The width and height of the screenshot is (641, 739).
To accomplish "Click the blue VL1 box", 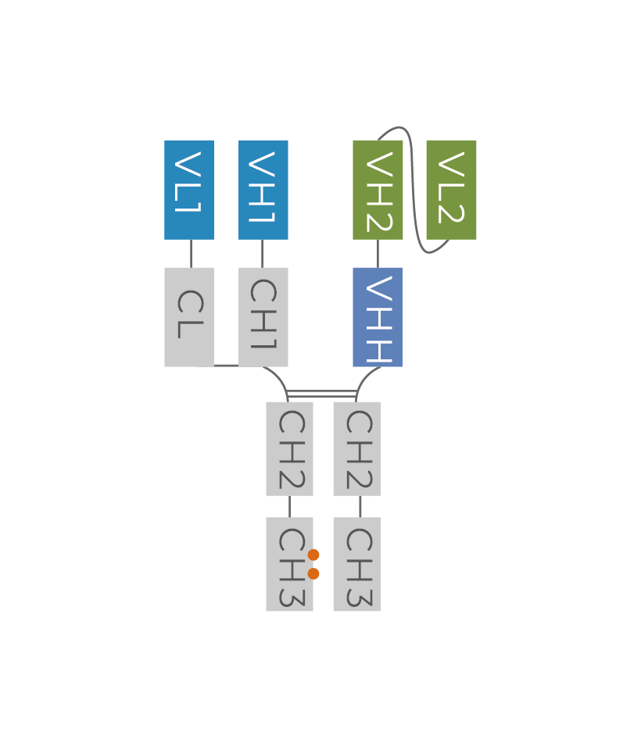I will point(189,190).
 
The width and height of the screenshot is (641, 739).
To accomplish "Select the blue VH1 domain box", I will point(263,190).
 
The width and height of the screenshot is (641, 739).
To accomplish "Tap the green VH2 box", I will point(378,190).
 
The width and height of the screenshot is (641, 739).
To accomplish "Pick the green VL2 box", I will point(451,190).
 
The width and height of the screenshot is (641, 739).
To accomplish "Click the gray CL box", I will point(189,316).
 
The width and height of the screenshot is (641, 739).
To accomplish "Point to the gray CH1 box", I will point(263,316).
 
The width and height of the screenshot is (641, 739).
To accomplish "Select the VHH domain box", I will point(378,316).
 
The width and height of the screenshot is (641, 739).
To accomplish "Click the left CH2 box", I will point(289,448).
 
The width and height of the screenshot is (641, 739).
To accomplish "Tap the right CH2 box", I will point(356,448).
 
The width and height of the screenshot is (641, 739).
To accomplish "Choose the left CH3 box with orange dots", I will point(286,564).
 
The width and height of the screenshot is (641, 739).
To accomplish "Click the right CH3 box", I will point(356,564).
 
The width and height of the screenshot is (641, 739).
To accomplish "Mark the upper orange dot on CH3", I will point(313,555).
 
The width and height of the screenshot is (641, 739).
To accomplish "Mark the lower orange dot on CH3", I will point(313,573).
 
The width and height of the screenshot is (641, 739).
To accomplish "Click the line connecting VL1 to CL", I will point(191,253).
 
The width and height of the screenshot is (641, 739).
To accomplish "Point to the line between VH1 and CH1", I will point(262,253).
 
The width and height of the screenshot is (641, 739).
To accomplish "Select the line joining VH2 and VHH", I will point(378,253).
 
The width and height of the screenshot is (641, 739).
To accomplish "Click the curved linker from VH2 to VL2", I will point(413,187).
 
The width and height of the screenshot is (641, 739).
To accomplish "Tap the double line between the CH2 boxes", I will point(322,394).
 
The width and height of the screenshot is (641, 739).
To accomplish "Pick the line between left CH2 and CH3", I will point(289,506).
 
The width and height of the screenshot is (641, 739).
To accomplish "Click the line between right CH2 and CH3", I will point(360,506).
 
